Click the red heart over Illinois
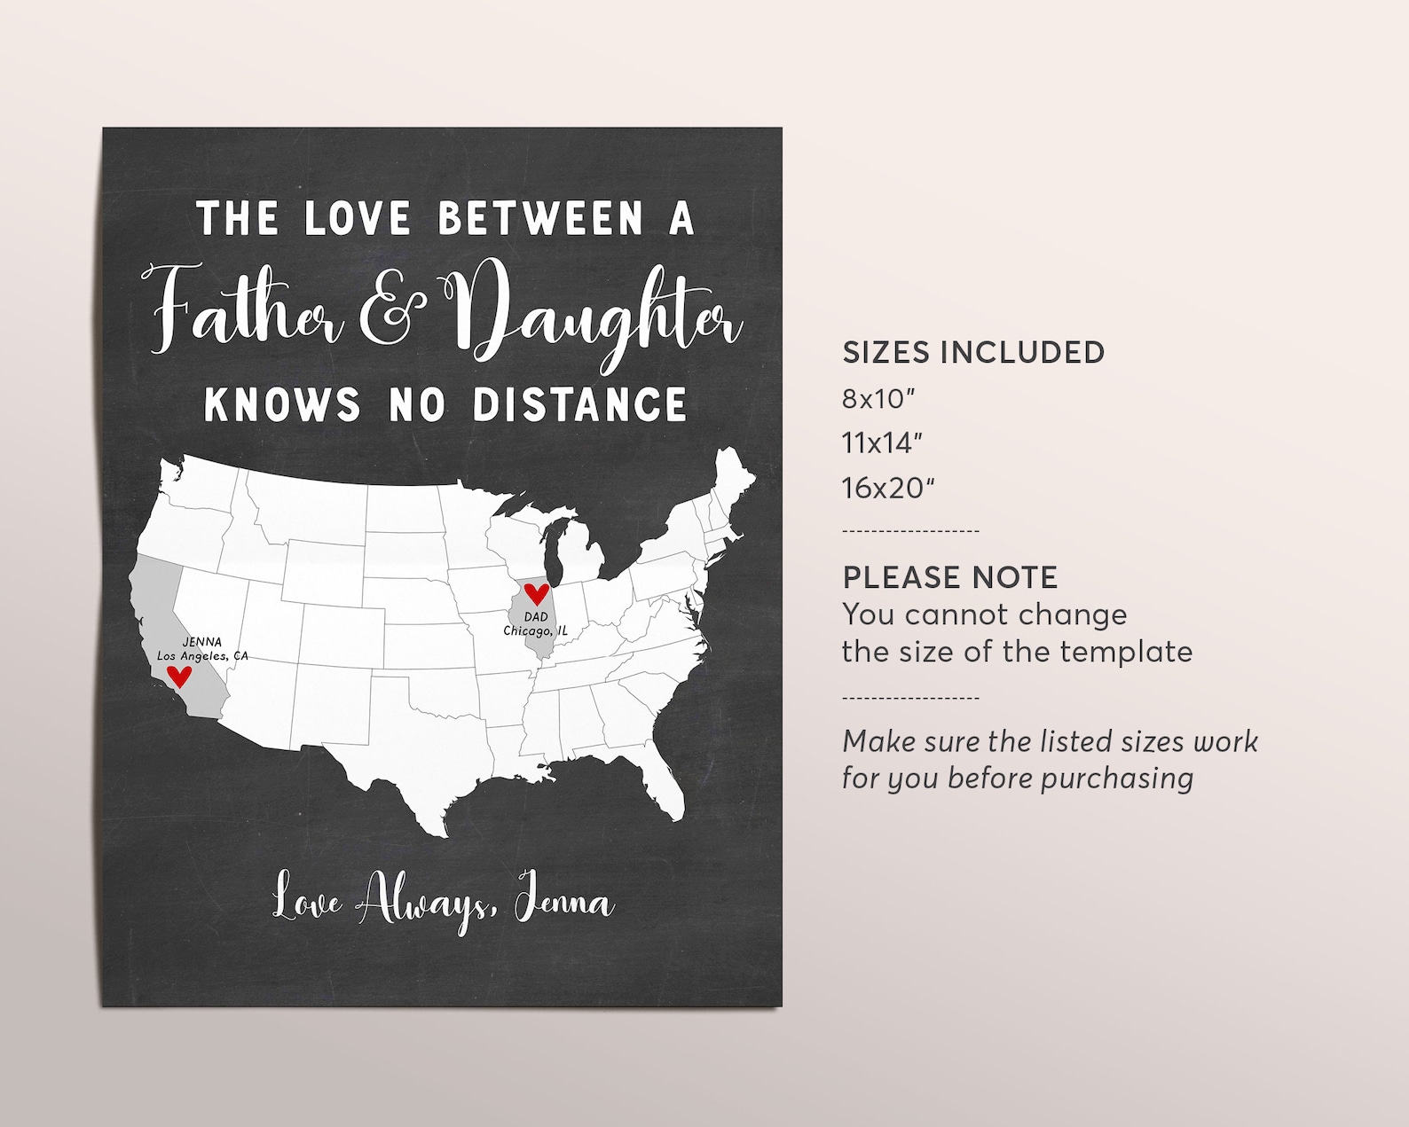(x=536, y=593)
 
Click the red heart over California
(x=180, y=677)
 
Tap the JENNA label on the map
(x=202, y=642)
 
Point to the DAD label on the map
(x=536, y=617)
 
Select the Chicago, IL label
(x=535, y=630)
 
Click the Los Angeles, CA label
(x=202, y=656)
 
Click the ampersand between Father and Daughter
(x=387, y=315)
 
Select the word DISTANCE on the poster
(x=579, y=404)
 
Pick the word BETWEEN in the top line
(x=540, y=218)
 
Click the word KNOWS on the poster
(x=282, y=404)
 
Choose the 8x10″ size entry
(x=878, y=399)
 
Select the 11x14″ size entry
(x=882, y=443)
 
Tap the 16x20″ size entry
(x=888, y=488)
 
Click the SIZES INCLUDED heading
(x=973, y=352)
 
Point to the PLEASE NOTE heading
(x=949, y=577)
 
